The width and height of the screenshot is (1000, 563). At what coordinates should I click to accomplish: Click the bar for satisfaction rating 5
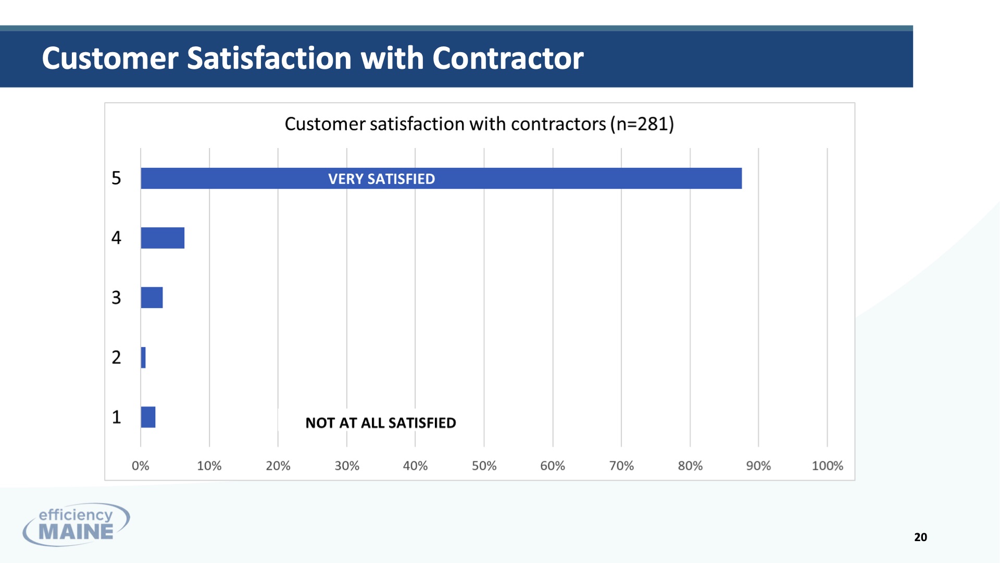441,178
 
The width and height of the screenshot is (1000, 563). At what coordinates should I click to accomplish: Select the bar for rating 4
162,238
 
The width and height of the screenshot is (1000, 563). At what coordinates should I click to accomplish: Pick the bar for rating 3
152,298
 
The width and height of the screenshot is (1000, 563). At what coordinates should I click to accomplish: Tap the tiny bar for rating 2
143,358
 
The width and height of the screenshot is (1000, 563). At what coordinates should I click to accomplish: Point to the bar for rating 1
148,417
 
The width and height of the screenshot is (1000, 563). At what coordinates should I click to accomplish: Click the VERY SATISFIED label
381,179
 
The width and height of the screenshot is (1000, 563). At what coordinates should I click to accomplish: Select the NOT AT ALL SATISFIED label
381,423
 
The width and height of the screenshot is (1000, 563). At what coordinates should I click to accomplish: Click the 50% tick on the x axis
484,466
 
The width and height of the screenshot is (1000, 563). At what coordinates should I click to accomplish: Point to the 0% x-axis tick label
141,466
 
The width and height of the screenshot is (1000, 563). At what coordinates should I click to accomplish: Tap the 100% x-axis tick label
828,466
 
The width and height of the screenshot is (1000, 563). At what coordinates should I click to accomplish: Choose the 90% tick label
758,466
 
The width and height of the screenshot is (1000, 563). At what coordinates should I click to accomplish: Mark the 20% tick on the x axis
278,466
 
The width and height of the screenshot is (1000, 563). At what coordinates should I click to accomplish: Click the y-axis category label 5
116,178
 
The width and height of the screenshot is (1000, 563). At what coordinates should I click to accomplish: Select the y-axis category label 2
116,358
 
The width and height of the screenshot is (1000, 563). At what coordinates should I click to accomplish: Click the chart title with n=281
479,124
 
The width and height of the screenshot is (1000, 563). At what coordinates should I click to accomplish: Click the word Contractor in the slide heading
508,58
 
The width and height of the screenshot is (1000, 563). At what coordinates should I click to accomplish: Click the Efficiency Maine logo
76,524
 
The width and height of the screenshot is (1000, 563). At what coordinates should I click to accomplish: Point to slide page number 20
920,537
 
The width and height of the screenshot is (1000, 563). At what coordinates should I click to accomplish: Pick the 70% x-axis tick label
621,466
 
